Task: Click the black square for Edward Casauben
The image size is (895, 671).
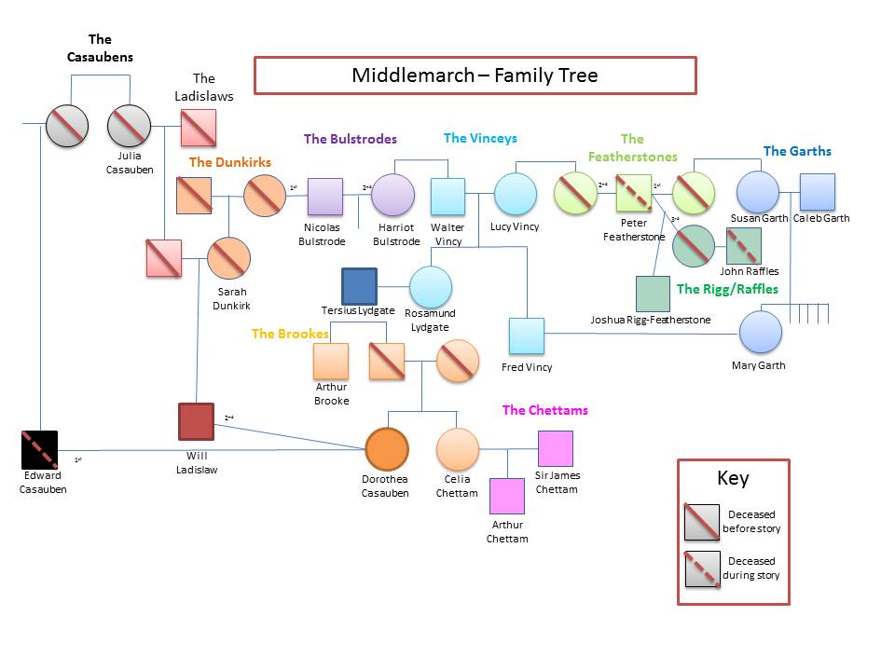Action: (40, 449)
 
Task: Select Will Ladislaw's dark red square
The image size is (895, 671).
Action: (197, 421)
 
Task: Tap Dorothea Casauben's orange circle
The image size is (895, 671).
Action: (386, 449)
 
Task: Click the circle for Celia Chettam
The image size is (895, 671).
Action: (457, 449)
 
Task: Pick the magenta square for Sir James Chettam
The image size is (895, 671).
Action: (556, 448)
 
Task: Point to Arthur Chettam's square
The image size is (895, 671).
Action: (507, 496)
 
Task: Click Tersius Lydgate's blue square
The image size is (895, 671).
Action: (359, 286)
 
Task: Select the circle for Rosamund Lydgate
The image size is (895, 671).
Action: (430, 287)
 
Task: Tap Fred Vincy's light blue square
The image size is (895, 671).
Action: (526, 335)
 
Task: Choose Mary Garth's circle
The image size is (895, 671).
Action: (761, 332)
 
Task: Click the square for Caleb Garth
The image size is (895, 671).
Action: (817, 192)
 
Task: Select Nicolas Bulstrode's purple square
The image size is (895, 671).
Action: (325, 197)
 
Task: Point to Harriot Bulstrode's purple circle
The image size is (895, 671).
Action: (392, 197)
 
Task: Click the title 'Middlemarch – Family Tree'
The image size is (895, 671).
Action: (475, 75)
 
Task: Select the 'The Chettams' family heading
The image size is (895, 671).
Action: (544, 410)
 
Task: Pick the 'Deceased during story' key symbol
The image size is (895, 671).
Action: (702, 568)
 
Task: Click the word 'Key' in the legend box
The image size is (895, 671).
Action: (733, 479)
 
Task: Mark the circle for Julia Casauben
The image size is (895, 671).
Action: (129, 126)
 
